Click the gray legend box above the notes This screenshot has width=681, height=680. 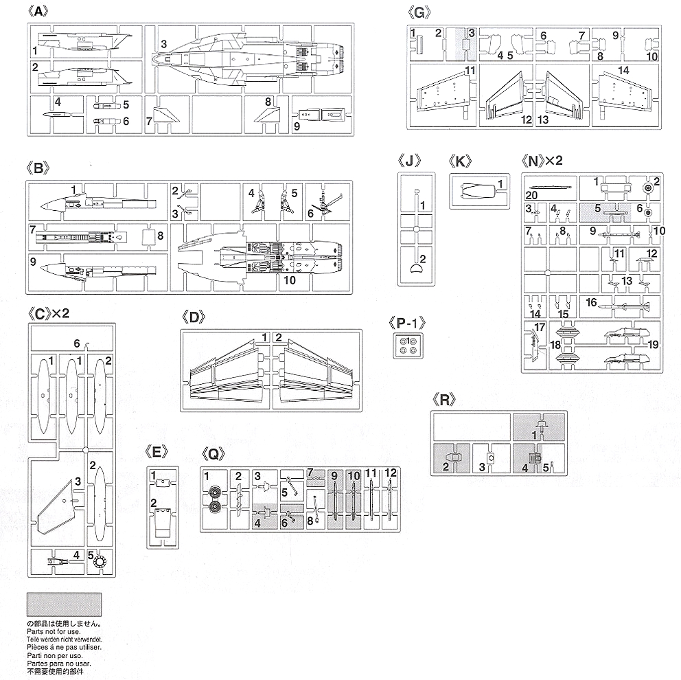pyautogui.click(x=64, y=604)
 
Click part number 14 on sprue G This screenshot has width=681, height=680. pyautogui.click(x=623, y=71)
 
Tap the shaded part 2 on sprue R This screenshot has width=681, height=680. pyautogui.click(x=450, y=458)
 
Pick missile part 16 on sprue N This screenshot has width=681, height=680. pyautogui.click(x=618, y=304)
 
